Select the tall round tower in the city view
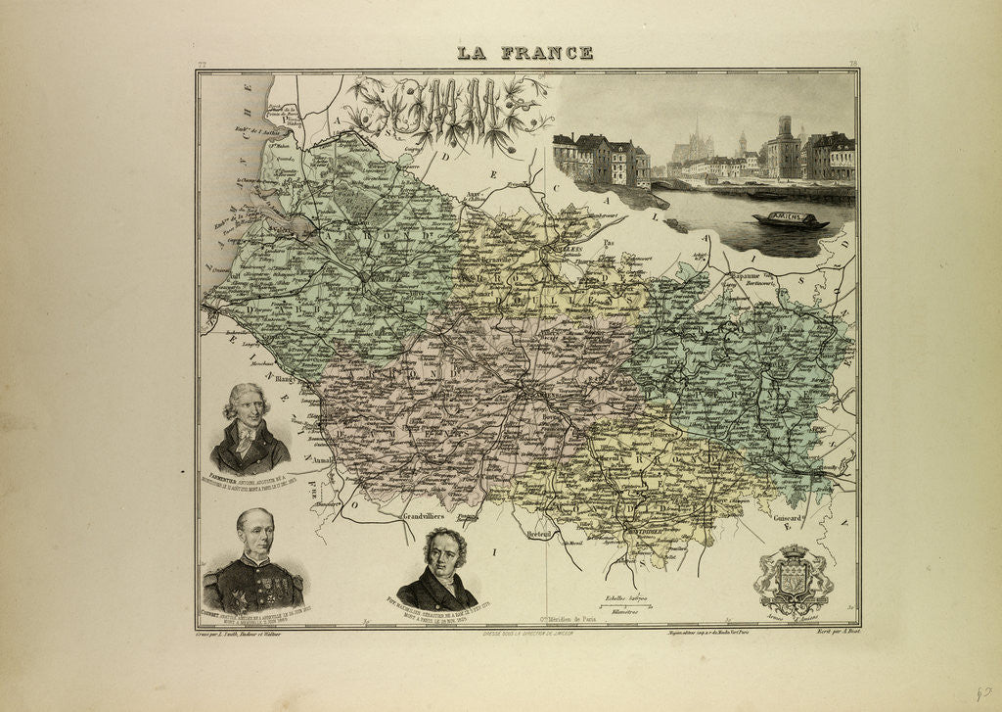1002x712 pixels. pyautogui.click(x=784, y=147)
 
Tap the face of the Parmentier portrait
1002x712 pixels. pyautogui.click(x=248, y=408)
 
